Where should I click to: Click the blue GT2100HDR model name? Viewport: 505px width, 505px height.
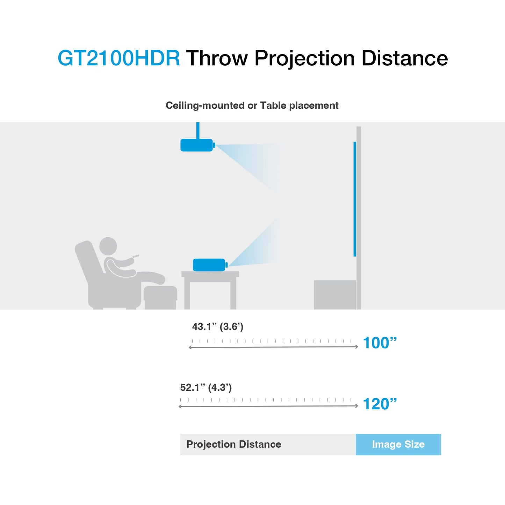coord(118,58)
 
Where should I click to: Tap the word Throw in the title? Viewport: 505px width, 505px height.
coord(217,58)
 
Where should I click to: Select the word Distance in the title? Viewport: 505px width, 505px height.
coord(404,58)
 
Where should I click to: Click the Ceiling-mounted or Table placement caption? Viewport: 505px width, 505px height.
coord(252,106)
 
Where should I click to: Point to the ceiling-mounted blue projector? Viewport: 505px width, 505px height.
coord(196,145)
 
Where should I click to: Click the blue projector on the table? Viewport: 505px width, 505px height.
coord(209,265)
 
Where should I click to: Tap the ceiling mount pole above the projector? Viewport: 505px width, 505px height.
coord(198,130)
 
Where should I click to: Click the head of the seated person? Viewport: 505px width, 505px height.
coord(108,246)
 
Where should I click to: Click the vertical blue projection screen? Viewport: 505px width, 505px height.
coord(355,199)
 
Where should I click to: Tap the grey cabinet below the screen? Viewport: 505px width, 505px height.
coord(335,295)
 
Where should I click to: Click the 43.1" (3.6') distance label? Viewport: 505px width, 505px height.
coord(218,327)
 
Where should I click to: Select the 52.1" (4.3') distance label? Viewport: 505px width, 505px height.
coord(206,388)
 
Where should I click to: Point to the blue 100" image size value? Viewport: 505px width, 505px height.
coord(380,343)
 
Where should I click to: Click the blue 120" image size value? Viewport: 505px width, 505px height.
coord(380,404)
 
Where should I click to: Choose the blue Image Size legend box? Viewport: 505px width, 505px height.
coord(398,445)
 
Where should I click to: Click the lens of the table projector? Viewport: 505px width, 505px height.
coord(226,265)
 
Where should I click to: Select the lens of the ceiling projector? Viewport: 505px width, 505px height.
coord(214,145)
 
